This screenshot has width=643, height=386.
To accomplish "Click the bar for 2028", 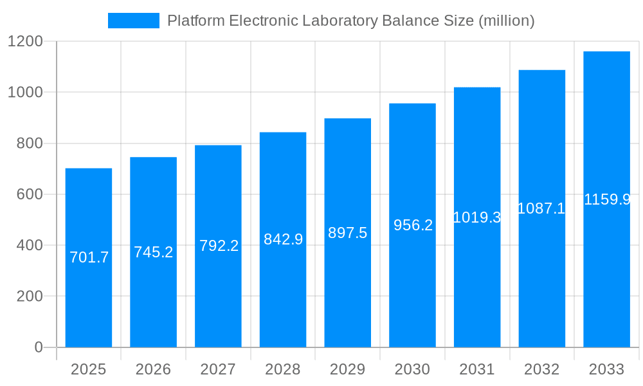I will click(x=283, y=296).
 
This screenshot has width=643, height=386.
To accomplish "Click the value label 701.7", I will click(x=89, y=257).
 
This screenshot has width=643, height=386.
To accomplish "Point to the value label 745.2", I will click(x=153, y=252).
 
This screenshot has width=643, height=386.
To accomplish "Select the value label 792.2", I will click(x=219, y=246).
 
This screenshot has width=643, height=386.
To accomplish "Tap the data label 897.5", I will click(x=347, y=233).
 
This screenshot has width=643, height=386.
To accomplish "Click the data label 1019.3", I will click(x=476, y=217).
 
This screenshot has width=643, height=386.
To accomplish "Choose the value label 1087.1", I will click(x=541, y=208).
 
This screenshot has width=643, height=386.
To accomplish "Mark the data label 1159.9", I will click(x=606, y=199).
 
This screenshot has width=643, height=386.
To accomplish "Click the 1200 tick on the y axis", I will click(x=25, y=42).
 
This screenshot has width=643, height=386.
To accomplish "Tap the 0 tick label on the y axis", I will click(x=38, y=347).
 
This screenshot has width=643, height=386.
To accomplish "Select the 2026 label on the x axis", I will click(x=153, y=369).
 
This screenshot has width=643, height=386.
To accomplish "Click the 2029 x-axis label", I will click(x=347, y=369).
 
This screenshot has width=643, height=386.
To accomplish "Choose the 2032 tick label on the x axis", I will click(x=541, y=369).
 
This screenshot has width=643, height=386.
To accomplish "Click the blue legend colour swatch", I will click(x=133, y=21).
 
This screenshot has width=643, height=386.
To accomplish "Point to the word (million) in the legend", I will click(x=505, y=21).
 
